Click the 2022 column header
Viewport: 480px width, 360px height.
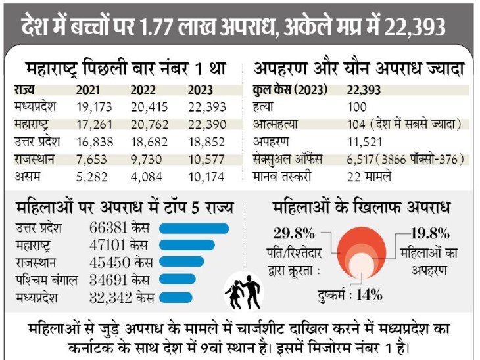pyautogui.click(x=143, y=90)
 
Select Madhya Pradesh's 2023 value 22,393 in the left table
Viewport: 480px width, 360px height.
pyautogui.click(x=206, y=106)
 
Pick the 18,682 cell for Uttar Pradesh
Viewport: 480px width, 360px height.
pyautogui.click(x=149, y=141)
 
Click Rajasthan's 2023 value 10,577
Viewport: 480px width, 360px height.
pyautogui.click(x=206, y=159)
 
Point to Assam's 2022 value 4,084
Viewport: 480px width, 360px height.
pyautogui.click(x=149, y=177)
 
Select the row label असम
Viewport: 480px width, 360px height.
pyautogui.click(x=26, y=177)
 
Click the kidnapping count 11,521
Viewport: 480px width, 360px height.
pyautogui.click(x=364, y=141)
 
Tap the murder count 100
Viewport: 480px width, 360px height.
pyautogui.click(x=356, y=106)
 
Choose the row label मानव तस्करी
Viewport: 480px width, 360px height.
pyautogui.click(x=282, y=176)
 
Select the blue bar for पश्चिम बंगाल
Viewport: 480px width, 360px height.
pyautogui.click(x=177, y=279)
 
